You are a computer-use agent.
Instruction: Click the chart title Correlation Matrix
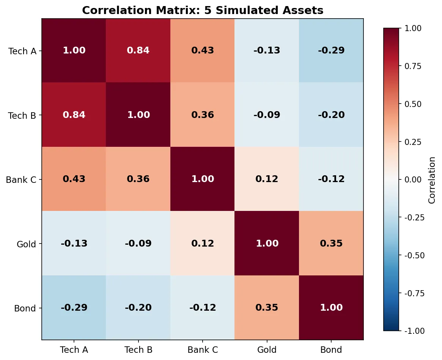click(203, 10)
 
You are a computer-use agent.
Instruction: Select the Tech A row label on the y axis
click(23, 51)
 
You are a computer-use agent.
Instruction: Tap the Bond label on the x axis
click(331, 350)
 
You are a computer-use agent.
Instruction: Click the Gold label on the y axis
click(27, 244)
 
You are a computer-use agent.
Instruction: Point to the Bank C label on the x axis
click(203, 350)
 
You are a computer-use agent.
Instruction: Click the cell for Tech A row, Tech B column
click(138, 50)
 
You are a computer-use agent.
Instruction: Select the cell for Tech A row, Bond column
click(331, 50)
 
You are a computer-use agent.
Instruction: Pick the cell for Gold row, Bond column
click(331, 244)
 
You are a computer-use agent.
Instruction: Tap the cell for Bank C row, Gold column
click(267, 179)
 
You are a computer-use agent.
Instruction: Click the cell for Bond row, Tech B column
click(138, 308)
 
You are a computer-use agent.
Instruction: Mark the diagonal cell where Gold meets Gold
click(267, 244)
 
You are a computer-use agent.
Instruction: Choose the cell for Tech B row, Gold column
click(267, 115)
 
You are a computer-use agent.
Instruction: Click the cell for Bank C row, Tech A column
click(74, 179)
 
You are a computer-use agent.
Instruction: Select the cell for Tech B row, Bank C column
click(203, 115)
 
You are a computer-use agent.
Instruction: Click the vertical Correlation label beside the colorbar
click(432, 179)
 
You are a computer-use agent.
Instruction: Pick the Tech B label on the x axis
click(138, 350)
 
